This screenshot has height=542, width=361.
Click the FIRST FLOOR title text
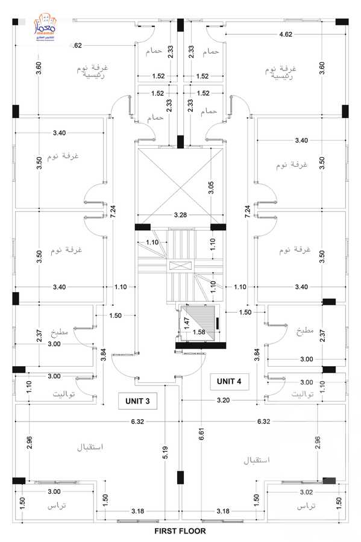(180, 531)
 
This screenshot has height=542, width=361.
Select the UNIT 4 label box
(229, 381)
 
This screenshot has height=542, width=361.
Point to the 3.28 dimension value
(180, 214)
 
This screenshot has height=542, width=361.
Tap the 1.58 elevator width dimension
(199, 332)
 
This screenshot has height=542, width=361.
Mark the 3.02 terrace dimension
(306, 492)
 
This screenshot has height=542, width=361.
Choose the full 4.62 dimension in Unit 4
(286, 35)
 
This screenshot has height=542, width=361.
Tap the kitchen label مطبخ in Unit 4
(304, 332)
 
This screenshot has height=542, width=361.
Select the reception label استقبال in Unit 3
(90, 447)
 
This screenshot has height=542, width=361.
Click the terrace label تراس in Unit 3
(57, 508)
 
